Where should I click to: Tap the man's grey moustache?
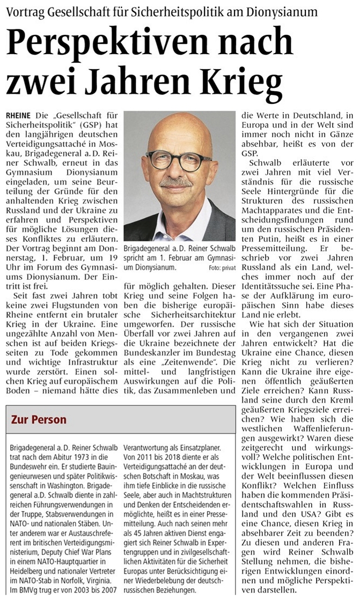point(177,182)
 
